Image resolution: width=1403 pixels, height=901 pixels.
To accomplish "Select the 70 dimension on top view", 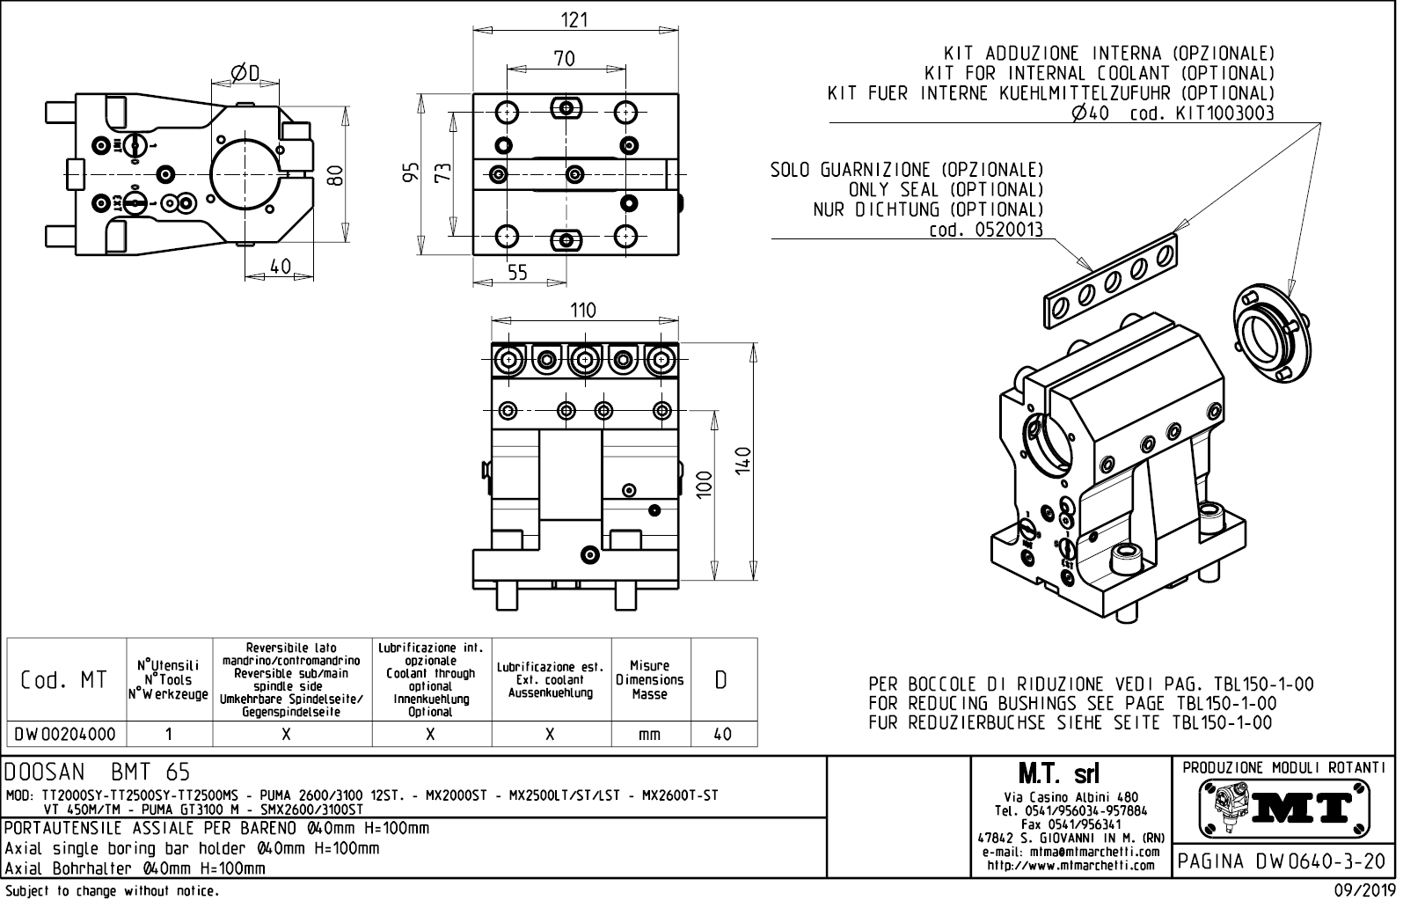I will coord(565,58).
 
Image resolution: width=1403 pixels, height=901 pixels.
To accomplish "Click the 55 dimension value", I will coord(517,273).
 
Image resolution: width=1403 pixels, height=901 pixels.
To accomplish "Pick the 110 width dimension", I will coord(582,310).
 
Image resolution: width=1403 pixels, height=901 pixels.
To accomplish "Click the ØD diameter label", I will coord(245,72).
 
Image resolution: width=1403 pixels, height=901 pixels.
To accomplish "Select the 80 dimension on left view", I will coord(334,175).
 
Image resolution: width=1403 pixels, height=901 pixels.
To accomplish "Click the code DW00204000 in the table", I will coord(66,734).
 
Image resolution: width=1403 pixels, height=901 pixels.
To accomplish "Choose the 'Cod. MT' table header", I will coord(65,680).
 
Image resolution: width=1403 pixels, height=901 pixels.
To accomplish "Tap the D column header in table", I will coord(721,680).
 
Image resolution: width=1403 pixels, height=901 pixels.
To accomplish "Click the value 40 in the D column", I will coord(722,734).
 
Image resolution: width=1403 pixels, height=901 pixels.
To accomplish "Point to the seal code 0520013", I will coord(986,231).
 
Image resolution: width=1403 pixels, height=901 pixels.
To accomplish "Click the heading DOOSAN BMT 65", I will coord(98,773).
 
